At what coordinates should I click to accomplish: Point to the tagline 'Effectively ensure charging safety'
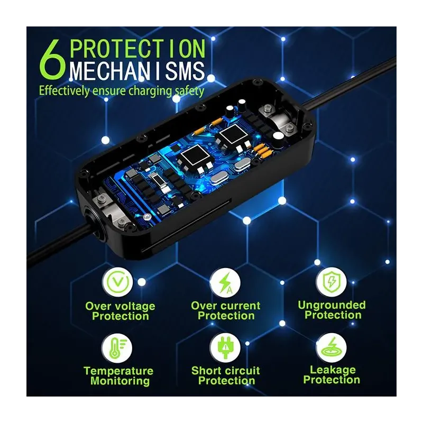click(x=121, y=90)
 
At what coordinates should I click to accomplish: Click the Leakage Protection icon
click(x=332, y=346)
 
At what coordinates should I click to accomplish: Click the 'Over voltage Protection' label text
click(x=121, y=311)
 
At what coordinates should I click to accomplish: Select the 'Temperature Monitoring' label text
click(x=118, y=376)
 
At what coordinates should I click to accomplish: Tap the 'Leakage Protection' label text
click(x=332, y=375)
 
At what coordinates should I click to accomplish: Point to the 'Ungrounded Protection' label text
click(x=332, y=310)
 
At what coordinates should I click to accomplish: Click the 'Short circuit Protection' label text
click(x=226, y=376)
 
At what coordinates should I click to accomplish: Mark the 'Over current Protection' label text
click(x=226, y=311)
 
